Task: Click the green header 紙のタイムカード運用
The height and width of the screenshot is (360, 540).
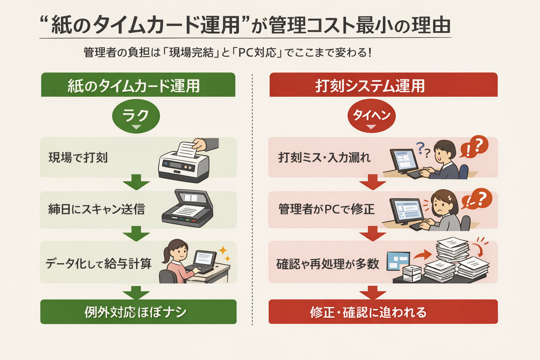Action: pos(138,85)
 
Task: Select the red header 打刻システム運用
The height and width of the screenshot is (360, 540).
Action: pos(383,85)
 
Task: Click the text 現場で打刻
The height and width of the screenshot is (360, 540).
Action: pos(78,158)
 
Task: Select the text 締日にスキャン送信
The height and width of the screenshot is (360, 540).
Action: pos(96,210)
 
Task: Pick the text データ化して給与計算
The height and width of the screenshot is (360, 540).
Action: pos(98,263)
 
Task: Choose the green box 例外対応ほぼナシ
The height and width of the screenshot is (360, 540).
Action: pos(138,312)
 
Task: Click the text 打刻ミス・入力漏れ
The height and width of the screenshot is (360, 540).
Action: pos(324,157)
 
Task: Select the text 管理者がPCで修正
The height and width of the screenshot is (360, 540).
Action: pos(326,210)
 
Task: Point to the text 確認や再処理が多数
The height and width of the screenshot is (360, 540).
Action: pos(328,264)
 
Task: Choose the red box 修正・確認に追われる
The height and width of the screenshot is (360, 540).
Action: pos(383,312)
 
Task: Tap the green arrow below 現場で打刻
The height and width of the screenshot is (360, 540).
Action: pos(136,182)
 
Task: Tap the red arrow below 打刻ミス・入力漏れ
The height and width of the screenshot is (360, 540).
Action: pos(373,182)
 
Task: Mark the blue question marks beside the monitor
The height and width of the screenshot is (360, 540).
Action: pos(423,149)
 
